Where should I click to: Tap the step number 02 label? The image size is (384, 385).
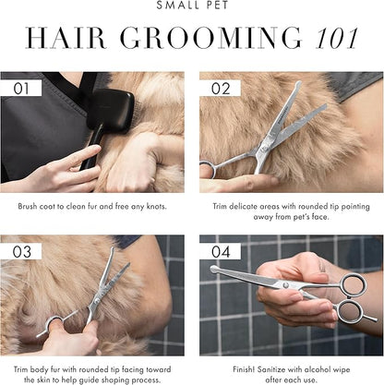219,88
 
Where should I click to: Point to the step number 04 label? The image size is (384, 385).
219,251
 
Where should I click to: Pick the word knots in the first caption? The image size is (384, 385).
155,205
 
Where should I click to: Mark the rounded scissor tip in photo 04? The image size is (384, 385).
214,270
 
